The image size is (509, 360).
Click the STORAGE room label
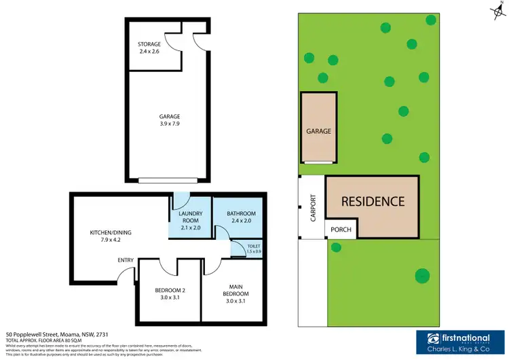coord(149,44)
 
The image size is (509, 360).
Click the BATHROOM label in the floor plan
coord(241,213)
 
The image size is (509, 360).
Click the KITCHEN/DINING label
coord(111,233)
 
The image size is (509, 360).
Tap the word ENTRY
coord(126,260)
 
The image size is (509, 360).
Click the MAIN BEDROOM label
coord(236,289)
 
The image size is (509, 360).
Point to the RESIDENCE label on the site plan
coord(373,202)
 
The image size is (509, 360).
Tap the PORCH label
coord(341,230)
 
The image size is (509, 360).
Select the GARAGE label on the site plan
coord(318,131)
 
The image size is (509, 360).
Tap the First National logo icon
coord(432,340)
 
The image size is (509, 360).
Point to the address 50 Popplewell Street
coord(57,334)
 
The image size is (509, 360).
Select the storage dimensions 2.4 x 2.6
coord(149,51)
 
